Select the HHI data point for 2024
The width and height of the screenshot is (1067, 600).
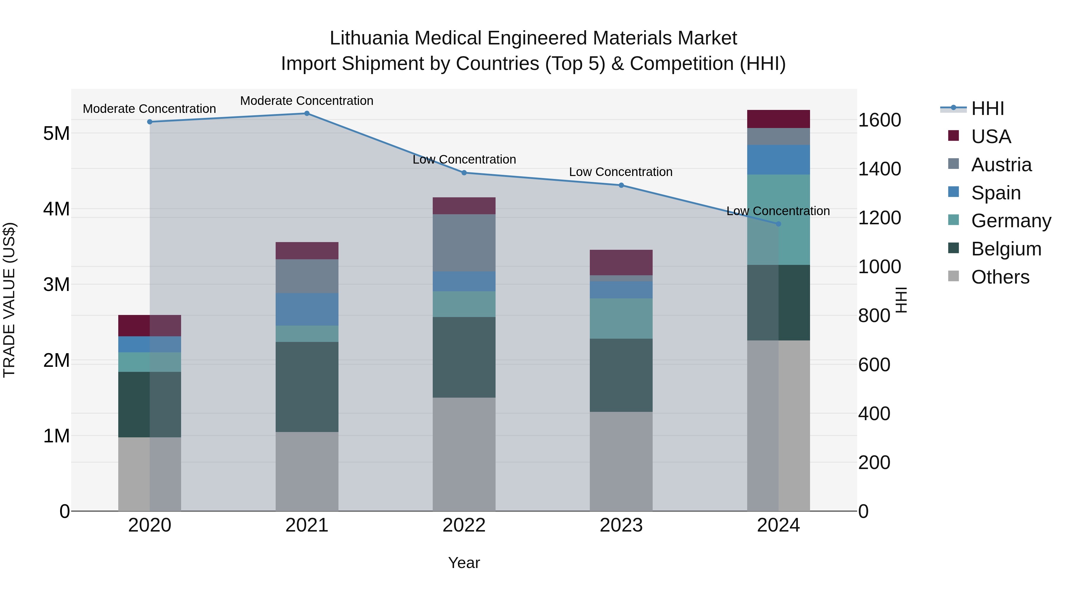pyautogui.click(x=778, y=224)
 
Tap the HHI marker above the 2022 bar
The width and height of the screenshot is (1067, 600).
pyautogui.click(x=464, y=173)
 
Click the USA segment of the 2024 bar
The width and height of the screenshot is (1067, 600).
pyautogui.click(x=778, y=119)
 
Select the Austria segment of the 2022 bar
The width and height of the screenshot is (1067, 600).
pyautogui.click(x=464, y=243)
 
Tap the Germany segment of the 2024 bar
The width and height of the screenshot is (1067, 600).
pyautogui.click(x=778, y=220)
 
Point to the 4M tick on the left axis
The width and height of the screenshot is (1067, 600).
pyautogui.click(x=56, y=209)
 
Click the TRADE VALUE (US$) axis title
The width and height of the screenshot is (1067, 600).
pyautogui.click(x=9, y=300)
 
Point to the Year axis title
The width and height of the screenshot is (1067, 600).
pyautogui.click(x=464, y=563)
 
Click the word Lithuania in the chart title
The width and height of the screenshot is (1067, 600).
pyautogui.click(x=369, y=38)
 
